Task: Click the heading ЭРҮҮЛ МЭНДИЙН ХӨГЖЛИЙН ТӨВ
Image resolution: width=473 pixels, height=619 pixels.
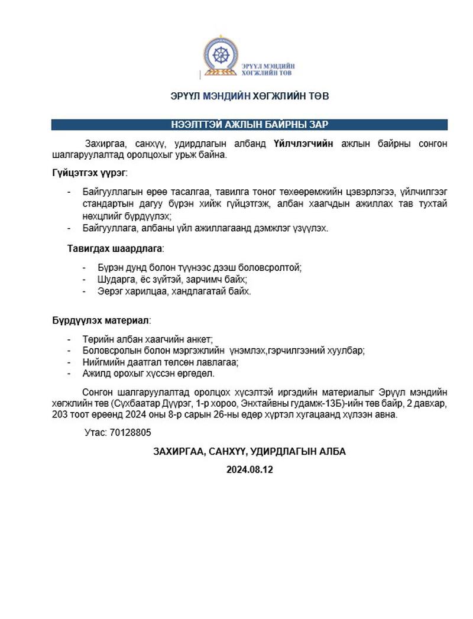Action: (x=249, y=96)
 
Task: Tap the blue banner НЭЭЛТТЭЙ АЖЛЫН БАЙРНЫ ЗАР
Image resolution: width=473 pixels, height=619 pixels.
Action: (x=249, y=125)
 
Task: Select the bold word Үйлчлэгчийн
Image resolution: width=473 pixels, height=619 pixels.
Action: (x=304, y=144)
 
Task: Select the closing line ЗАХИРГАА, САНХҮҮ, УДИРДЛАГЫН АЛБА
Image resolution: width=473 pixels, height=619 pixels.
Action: (x=249, y=451)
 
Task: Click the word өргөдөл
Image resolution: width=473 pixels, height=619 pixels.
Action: (x=196, y=374)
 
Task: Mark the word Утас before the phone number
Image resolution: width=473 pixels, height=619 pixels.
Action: (x=95, y=433)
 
